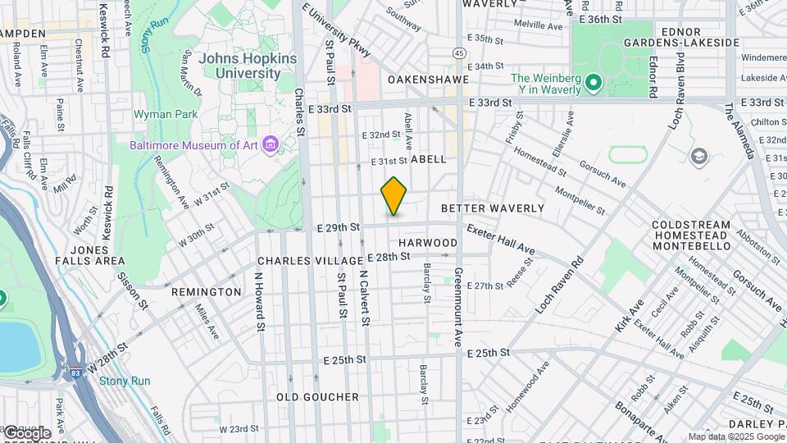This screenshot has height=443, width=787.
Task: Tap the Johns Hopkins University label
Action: click(240, 66)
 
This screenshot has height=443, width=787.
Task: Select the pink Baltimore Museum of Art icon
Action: click(272, 145)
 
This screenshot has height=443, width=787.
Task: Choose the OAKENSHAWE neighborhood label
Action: click(428, 80)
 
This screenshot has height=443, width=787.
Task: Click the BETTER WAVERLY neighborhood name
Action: click(493, 208)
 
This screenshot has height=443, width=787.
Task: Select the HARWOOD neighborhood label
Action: click(428, 243)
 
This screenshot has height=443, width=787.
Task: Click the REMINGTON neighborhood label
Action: click(207, 292)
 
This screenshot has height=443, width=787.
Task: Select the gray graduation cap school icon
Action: click(698, 157)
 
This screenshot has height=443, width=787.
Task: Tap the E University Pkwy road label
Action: click(337, 32)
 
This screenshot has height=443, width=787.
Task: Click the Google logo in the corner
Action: click(26, 432)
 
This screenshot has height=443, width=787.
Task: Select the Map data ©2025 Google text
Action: click(735, 436)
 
